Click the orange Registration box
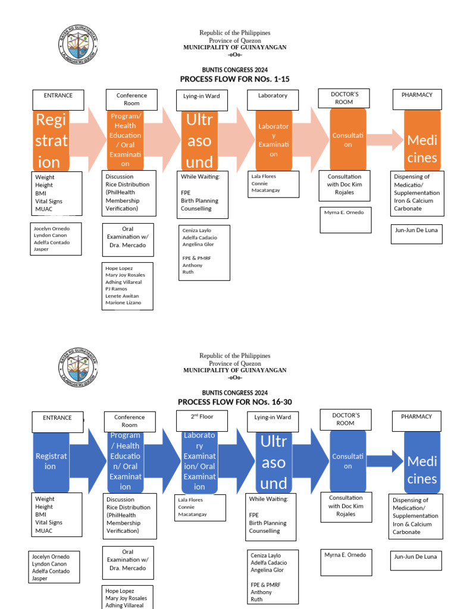[x=52, y=141]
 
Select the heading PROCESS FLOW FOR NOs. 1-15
[x=234, y=79]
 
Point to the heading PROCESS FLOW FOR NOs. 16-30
[x=234, y=402]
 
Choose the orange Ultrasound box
[x=199, y=141]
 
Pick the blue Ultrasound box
[x=273, y=462]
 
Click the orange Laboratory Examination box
[x=273, y=141]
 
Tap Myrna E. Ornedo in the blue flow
[x=345, y=555]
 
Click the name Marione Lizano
[x=123, y=303]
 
